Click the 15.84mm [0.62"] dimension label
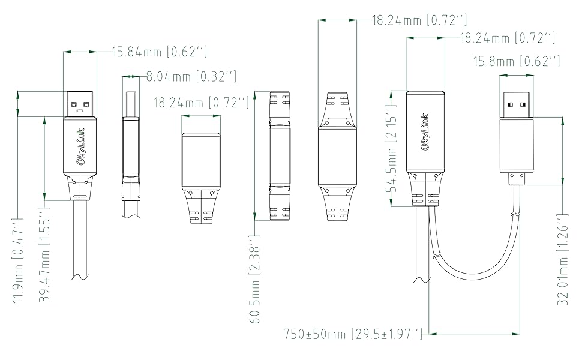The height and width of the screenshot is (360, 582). (160, 52)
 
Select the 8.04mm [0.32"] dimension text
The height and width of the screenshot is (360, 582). (191, 76)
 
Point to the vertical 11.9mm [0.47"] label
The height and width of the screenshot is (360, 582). (18, 263)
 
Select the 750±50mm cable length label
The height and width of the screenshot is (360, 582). (353, 333)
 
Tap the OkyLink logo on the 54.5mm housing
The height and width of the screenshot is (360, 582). (425, 131)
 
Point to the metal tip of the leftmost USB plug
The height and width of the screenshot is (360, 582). (80, 104)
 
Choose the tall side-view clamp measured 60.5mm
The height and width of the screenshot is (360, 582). (280, 157)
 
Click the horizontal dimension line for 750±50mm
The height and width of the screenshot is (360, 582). (475, 333)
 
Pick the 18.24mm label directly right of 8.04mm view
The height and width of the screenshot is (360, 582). (201, 103)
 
